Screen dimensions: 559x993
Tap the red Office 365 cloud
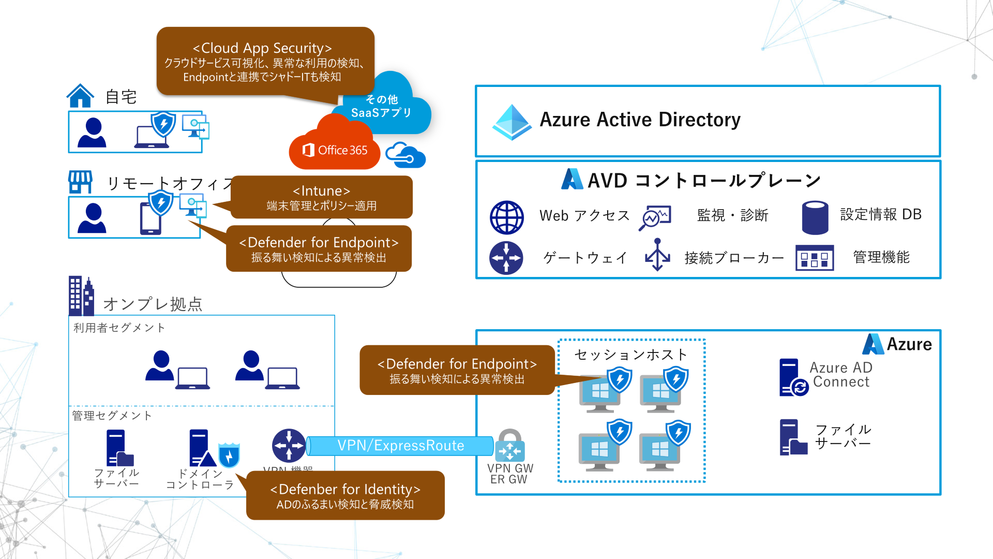(x=335, y=148)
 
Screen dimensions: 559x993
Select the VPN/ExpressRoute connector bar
(x=400, y=446)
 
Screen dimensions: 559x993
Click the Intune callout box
(x=321, y=197)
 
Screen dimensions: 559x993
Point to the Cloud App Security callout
(x=265, y=61)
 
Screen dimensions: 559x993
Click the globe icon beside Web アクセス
(x=506, y=217)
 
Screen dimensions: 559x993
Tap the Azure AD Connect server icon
(x=792, y=378)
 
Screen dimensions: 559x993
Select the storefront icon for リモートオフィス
(x=80, y=182)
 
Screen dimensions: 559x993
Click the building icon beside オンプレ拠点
(x=81, y=296)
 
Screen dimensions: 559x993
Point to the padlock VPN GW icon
(x=510, y=445)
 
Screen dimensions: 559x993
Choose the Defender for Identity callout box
(x=345, y=495)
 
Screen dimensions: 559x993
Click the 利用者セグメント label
(x=119, y=328)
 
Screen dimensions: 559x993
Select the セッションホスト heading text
(x=631, y=355)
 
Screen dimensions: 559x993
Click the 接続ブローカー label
(x=733, y=258)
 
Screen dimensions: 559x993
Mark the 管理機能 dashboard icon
(x=815, y=258)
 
